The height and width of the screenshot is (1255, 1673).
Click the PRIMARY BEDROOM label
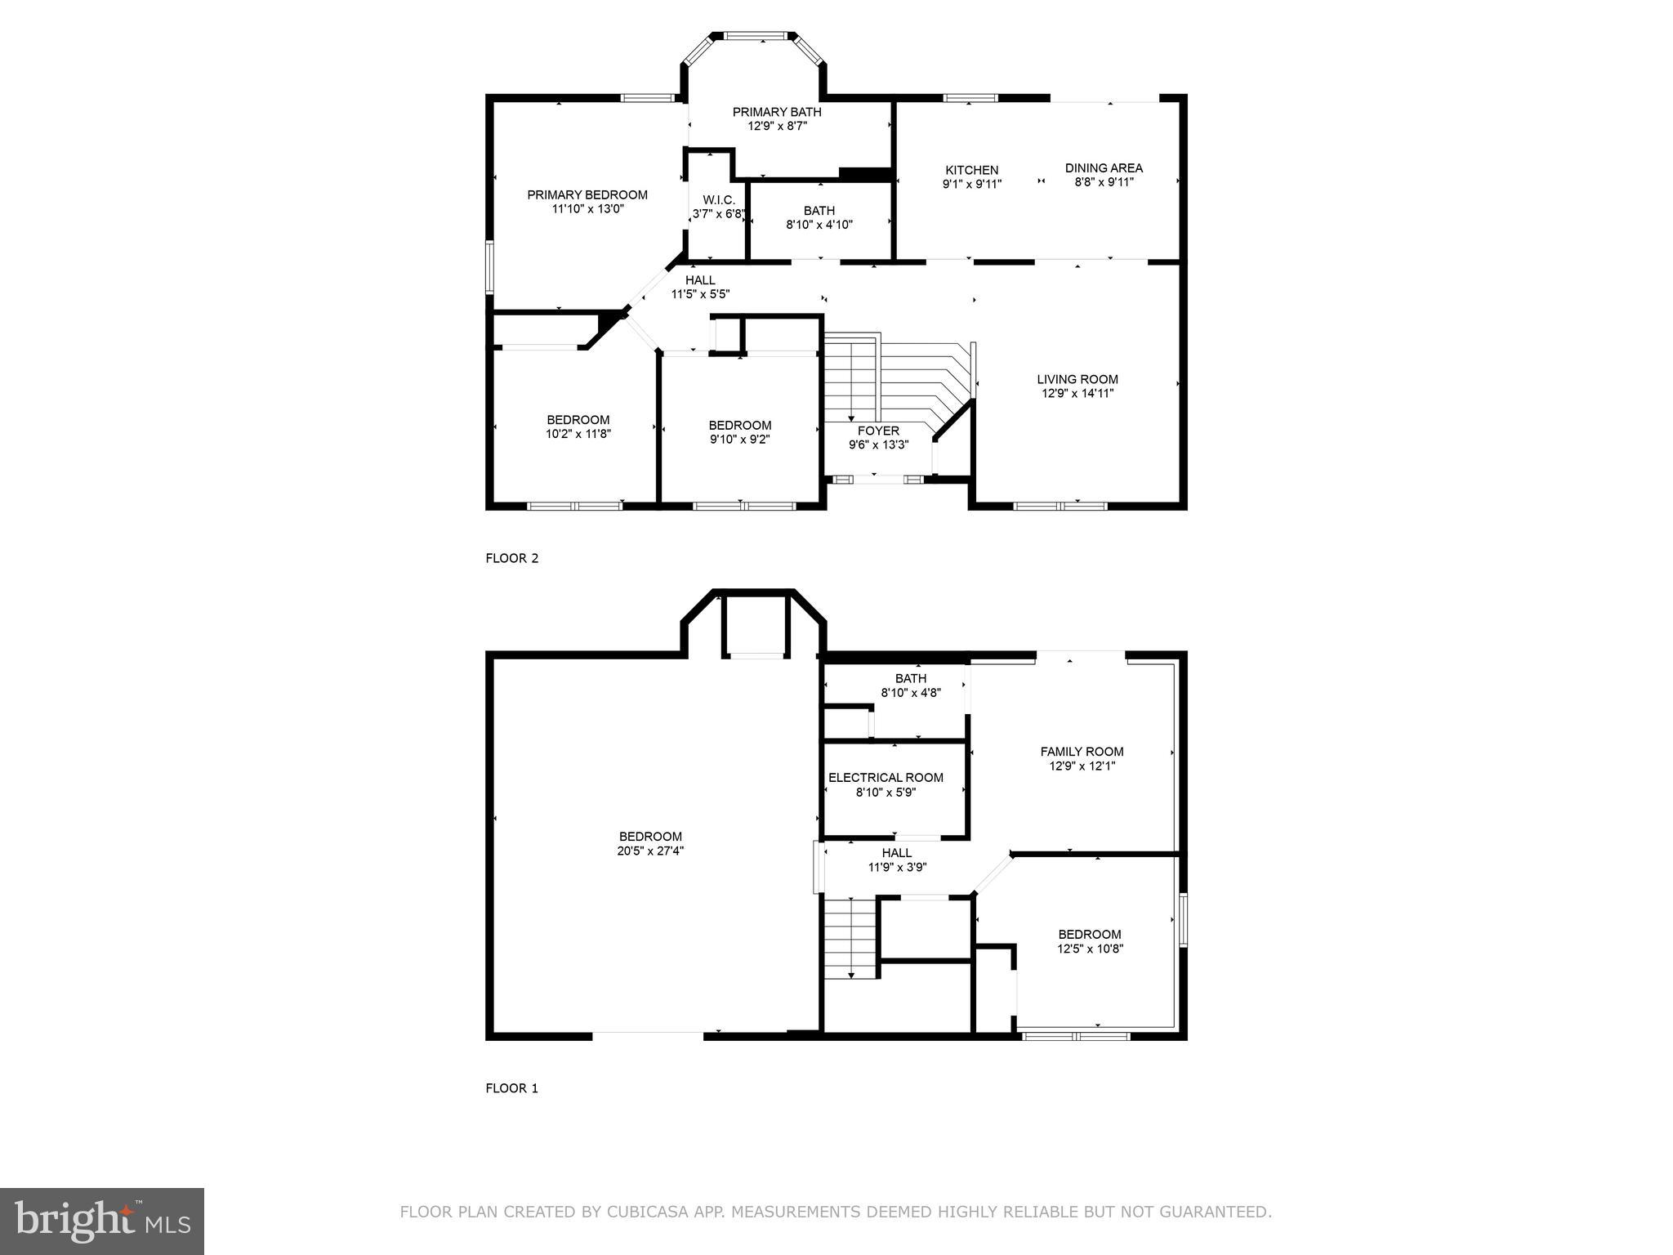point(587,194)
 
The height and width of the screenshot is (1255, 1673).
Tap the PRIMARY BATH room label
point(777,112)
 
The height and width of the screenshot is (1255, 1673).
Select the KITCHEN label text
point(972,170)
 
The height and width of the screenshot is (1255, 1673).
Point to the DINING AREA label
point(1104,167)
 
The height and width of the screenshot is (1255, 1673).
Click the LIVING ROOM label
point(1077,379)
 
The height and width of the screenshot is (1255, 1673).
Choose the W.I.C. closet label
point(719,199)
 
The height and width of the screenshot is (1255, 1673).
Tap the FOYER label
point(878,431)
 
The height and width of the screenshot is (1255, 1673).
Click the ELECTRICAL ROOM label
point(886,778)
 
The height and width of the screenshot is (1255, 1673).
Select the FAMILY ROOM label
point(1082,752)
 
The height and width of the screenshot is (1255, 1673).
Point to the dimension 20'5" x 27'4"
point(650,851)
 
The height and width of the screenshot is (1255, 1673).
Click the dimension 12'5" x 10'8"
point(1090,949)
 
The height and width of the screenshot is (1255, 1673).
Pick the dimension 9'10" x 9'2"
point(739,439)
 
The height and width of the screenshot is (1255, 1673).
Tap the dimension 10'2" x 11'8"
point(578,434)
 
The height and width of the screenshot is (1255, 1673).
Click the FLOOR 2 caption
point(512,558)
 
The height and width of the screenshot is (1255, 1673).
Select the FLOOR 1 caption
point(512,1088)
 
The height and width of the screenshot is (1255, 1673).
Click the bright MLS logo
point(102,1221)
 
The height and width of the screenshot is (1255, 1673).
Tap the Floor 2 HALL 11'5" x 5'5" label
point(700,287)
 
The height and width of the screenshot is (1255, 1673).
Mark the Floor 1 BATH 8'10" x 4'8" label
point(911,686)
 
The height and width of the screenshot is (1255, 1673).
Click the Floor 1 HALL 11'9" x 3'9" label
point(897,860)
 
